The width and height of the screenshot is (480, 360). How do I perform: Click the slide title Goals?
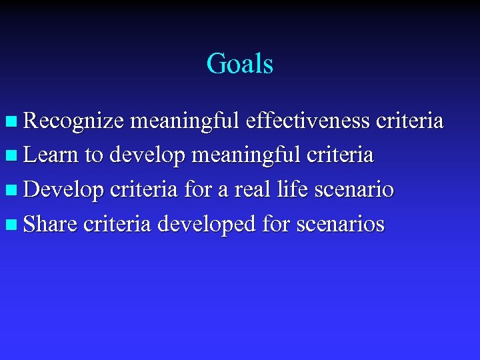[x=239, y=65]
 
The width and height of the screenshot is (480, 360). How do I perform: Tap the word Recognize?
[x=73, y=121]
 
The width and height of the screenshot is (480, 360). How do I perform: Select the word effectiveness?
[x=308, y=121]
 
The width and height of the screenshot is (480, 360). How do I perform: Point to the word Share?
[x=50, y=225]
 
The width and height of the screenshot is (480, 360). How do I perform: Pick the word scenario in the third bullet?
[x=353, y=190]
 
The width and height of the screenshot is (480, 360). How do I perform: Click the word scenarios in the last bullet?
[x=341, y=225]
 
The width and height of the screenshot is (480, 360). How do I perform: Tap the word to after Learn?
[x=93, y=156]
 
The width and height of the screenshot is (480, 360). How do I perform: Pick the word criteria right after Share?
[x=117, y=225]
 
